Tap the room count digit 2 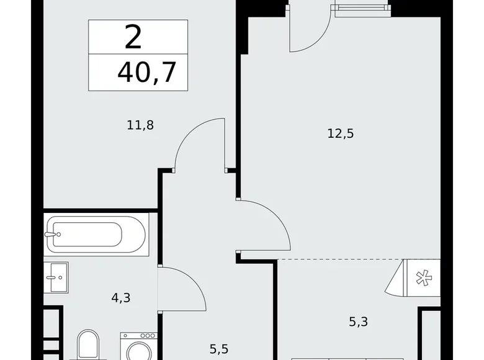[x=133, y=37]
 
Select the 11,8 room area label [x=140, y=125]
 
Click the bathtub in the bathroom [x=96, y=235]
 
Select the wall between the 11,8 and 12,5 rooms [x=236, y=93]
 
